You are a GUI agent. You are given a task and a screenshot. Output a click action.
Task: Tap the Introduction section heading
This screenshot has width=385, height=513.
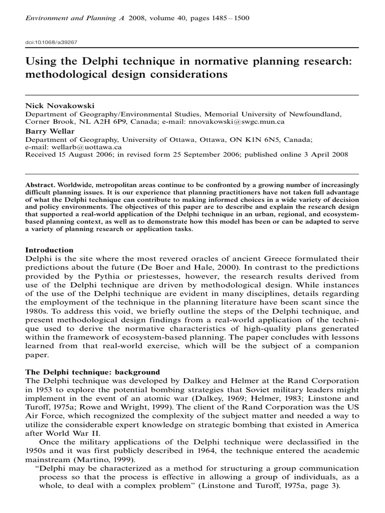tap(50, 250)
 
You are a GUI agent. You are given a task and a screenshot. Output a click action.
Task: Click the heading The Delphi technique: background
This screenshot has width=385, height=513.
tap(93, 372)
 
